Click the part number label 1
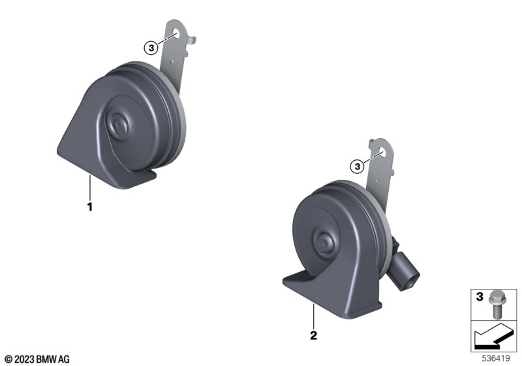[89, 207]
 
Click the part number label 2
[313, 335]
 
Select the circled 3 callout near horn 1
[151, 48]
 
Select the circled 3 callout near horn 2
[357, 165]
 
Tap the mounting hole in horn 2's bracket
[382, 154]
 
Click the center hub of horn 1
[117, 125]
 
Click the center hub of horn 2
[324, 244]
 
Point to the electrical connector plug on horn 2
[404, 269]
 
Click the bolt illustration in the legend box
[497, 305]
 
